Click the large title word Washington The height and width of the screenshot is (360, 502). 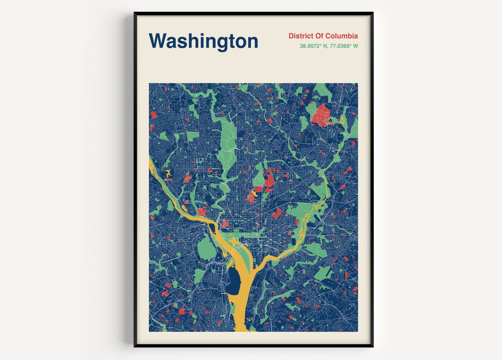tap(203, 41)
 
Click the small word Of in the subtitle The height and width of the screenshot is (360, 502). tap(321, 36)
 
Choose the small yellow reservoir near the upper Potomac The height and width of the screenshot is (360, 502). tap(167, 175)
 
